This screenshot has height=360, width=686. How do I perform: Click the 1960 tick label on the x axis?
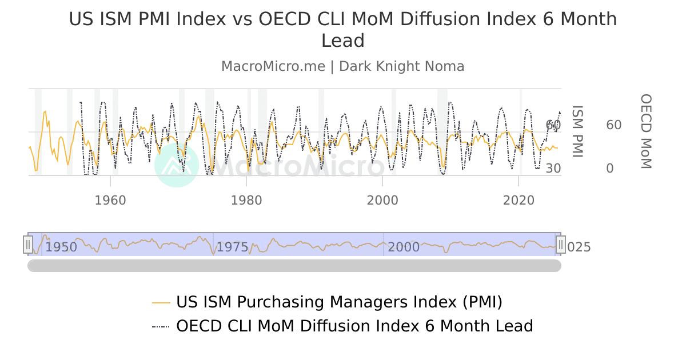[110, 201]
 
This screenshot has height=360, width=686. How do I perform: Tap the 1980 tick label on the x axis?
[246, 201]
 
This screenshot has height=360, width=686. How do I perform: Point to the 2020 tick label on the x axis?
[518, 201]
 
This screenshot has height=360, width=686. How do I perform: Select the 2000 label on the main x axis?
[382, 201]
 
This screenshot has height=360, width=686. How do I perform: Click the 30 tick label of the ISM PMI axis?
[553, 169]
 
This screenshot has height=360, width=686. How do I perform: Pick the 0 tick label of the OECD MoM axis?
[609, 169]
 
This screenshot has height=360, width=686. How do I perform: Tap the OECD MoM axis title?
[645, 131]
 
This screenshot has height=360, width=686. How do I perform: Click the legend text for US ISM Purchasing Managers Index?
[339, 302]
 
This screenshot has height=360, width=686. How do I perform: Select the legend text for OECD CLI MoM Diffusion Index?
[354, 326]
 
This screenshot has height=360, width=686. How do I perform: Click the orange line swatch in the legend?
[161, 302]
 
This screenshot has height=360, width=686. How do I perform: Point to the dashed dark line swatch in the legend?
[161, 327]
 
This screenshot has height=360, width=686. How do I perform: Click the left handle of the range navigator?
[28, 245]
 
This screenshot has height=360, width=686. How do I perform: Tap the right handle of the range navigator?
[561, 245]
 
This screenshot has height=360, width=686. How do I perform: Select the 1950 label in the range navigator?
[61, 247]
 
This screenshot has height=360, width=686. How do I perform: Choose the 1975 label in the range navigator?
[233, 247]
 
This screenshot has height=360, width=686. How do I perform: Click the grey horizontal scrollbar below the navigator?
[294, 266]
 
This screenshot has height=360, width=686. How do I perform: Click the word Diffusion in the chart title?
[440, 19]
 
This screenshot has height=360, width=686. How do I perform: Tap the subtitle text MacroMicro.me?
[273, 66]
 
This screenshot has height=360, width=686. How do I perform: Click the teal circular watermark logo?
[177, 165]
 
